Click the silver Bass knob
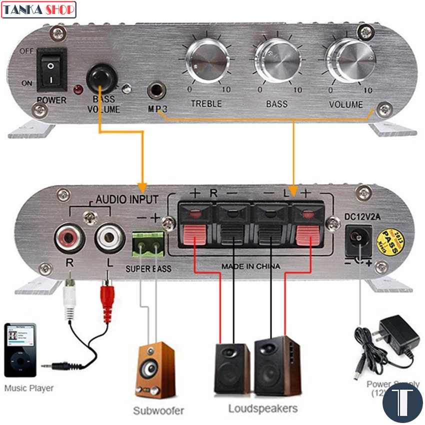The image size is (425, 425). coord(275,61)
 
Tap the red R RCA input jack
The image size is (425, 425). coord(69,236)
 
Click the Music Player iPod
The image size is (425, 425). coord(20,349)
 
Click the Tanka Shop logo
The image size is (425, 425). coord(38,9)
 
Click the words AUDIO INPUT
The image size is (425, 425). coord(126,199)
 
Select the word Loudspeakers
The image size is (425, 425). coord(262,408)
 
